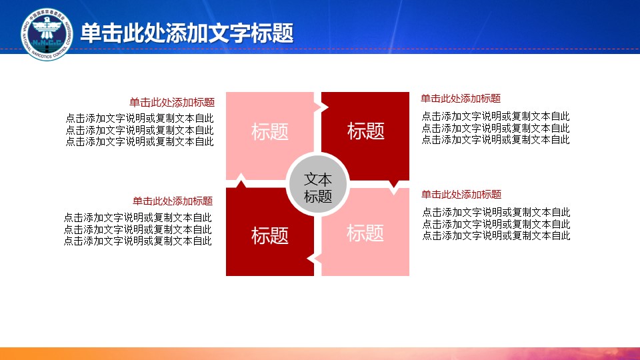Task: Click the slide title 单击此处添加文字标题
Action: tap(187, 33)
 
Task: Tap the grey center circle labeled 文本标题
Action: tap(317, 187)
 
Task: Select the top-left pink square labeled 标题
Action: tap(269, 131)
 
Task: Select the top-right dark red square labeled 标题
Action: tap(366, 131)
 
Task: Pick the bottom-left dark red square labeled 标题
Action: tap(269, 235)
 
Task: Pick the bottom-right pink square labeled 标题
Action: tap(365, 233)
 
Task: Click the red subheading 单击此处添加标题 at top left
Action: tap(172, 103)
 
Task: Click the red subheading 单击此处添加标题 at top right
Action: tap(461, 99)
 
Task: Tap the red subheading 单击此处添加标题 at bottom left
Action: tap(172, 201)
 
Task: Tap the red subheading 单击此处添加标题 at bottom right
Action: tap(461, 195)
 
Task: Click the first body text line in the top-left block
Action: tap(140, 119)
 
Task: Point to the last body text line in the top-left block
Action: tap(140, 141)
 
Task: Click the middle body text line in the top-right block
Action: tap(496, 128)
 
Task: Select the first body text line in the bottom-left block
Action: tap(138, 217)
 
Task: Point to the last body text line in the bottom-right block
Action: tap(496, 236)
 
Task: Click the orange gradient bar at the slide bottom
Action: tap(320, 353)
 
